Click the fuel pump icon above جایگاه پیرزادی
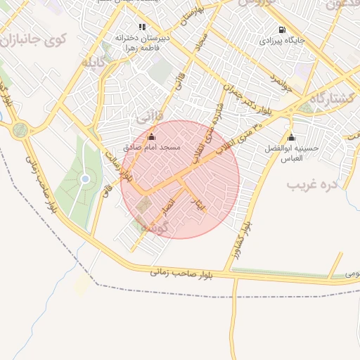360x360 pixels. click(283, 30)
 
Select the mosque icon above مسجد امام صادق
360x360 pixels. click(151, 136)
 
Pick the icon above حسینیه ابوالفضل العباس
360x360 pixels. click(291, 137)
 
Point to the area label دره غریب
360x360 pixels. click(313, 185)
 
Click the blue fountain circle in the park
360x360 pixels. click(85, 179)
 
